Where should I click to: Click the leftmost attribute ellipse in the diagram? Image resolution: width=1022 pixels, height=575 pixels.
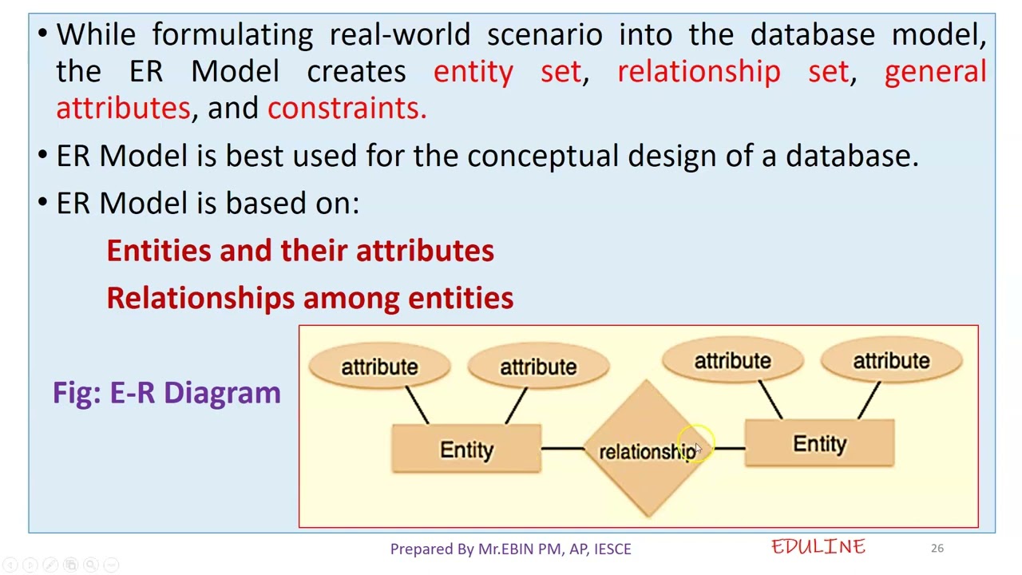(379, 367)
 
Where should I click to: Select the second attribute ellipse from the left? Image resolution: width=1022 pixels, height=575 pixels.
(538, 367)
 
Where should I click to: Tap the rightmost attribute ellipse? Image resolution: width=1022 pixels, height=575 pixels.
(891, 361)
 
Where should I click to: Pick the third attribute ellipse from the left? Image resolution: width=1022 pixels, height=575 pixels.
(732, 361)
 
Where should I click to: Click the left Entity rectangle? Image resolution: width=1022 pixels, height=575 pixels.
(466, 450)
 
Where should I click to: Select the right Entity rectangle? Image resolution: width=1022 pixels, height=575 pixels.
(819, 444)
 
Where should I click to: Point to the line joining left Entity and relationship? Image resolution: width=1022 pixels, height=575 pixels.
(564, 449)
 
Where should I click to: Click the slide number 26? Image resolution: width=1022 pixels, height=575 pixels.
(937, 548)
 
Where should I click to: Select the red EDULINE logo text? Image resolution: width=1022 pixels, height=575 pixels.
(818, 547)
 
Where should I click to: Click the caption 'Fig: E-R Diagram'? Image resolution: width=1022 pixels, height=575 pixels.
(167, 392)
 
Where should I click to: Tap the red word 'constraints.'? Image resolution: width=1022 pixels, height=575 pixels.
(347, 108)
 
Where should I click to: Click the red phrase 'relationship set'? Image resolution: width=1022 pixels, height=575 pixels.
(732, 71)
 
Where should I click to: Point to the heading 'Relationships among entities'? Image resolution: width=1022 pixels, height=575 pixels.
(310, 298)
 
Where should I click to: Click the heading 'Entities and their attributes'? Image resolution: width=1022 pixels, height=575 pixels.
(300, 251)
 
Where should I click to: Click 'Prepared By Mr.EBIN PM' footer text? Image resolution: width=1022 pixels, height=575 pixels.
(510, 549)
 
